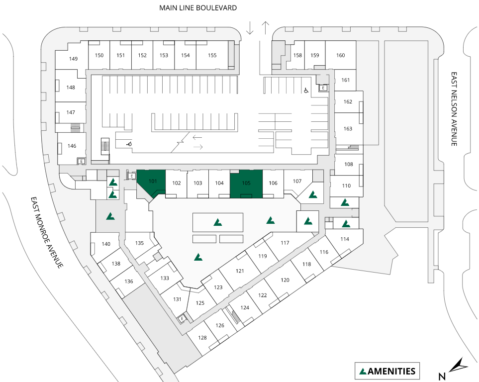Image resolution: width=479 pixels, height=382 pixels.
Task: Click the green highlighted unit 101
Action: [x=152, y=182]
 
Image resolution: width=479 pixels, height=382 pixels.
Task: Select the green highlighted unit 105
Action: [x=246, y=183]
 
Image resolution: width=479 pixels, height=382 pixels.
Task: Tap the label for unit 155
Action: [x=212, y=55]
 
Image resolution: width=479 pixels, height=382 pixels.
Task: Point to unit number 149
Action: [x=74, y=59]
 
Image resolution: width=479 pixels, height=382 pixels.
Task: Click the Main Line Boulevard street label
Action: [x=198, y=8]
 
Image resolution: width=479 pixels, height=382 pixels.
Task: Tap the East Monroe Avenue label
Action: [x=47, y=232]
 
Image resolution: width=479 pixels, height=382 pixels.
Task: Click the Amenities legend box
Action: [x=387, y=371]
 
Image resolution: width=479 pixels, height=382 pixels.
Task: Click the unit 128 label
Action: [x=202, y=338]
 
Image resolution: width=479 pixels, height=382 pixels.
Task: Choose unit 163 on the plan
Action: [x=348, y=128]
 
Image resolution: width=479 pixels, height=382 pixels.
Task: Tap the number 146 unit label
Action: [x=72, y=146]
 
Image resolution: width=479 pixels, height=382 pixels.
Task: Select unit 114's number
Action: [x=345, y=239]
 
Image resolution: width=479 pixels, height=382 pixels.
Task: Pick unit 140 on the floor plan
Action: [x=106, y=244]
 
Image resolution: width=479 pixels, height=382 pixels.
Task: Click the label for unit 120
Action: [x=285, y=281]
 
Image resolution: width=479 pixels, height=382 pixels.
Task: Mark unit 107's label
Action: [x=297, y=181]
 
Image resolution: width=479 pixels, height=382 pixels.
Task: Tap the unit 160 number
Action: [x=341, y=55]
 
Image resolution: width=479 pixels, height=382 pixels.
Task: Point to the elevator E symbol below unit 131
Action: [x=183, y=318]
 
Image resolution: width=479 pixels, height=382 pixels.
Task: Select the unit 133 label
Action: [x=165, y=278]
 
